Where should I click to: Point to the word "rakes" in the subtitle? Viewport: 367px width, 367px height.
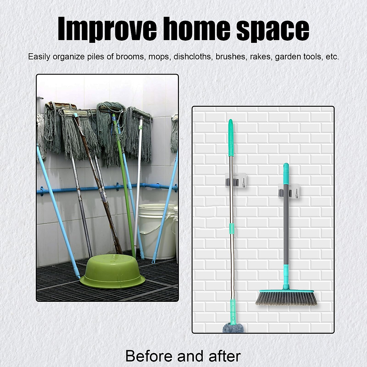[x=261, y=57]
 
